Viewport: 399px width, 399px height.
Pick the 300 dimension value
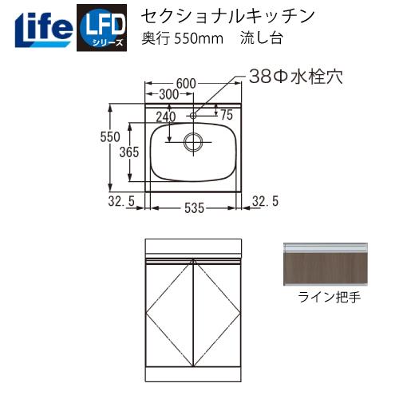tap(168, 95)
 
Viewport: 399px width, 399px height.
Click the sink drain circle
tap(192, 142)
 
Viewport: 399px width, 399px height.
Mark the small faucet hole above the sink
tap(192, 116)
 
